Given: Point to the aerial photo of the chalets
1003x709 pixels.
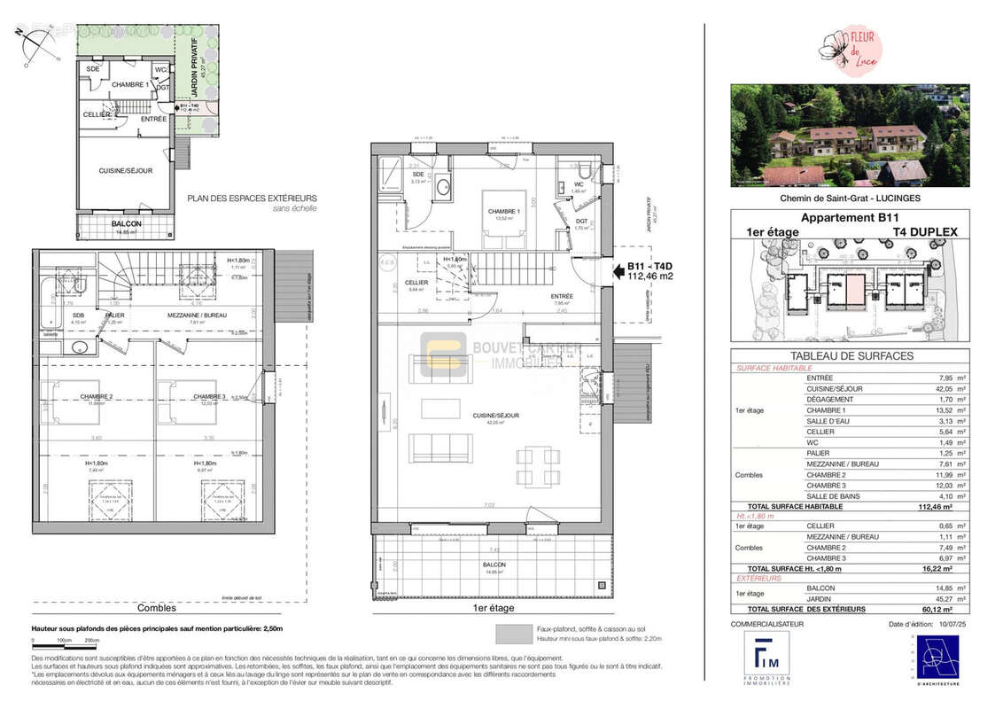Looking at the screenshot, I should point(850,136).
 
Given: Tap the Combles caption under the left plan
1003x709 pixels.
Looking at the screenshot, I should point(156,608).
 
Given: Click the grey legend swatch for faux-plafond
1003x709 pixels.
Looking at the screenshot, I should point(513,633).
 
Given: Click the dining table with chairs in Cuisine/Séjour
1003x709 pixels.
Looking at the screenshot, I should point(539,466).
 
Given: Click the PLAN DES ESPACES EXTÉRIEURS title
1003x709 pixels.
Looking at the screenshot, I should point(252,199).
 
